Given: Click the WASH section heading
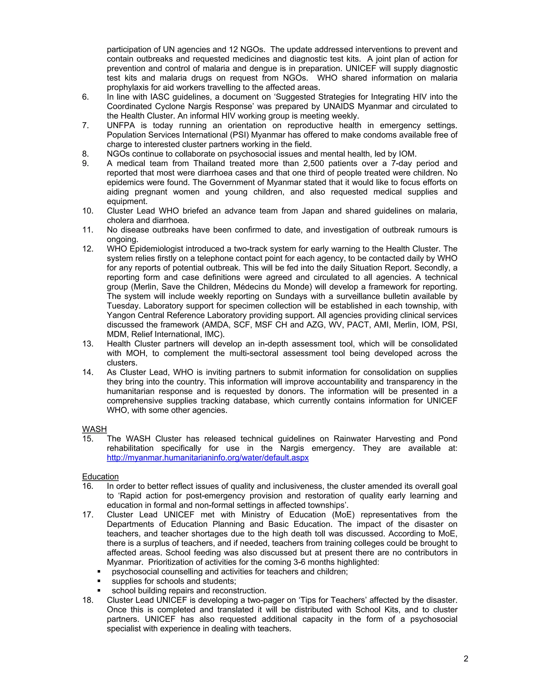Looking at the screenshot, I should click(x=94, y=429).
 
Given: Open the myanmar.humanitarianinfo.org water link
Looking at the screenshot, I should click(x=207, y=458).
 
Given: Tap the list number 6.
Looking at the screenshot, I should click(x=85, y=97).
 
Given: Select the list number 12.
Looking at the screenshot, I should click(x=88, y=249).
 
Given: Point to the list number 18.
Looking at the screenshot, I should click(x=88, y=600).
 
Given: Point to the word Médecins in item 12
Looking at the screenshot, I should click(x=252, y=287).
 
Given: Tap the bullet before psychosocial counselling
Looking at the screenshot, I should click(x=99, y=572).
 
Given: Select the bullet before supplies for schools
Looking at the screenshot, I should click(x=99, y=581).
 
